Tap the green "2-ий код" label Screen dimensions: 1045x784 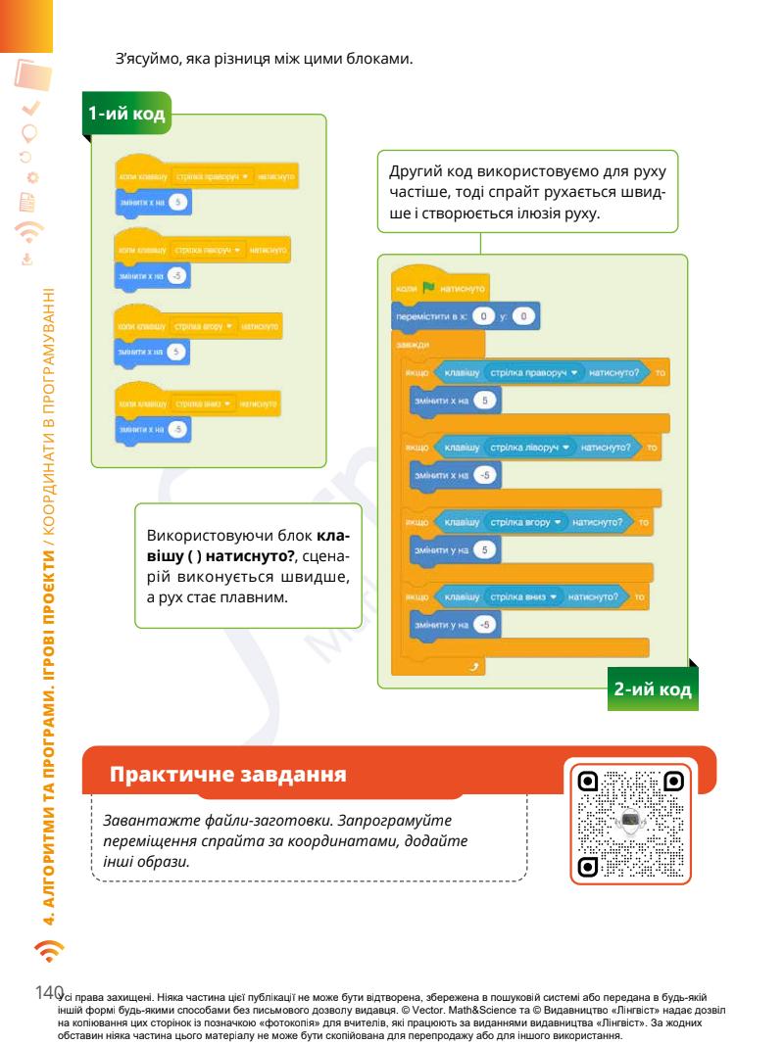(x=653, y=689)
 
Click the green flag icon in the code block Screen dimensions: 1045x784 (x=427, y=288)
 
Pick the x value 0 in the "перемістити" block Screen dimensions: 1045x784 (x=480, y=317)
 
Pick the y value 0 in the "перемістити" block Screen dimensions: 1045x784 (x=524, y=317)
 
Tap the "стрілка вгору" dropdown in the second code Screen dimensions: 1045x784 (x=525, y=523)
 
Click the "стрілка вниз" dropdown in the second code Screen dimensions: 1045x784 (x=522, y=595)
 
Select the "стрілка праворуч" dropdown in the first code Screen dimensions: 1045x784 (x=213, y=176)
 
